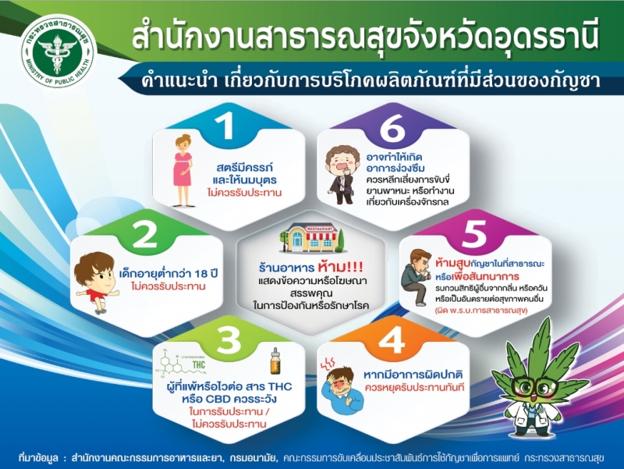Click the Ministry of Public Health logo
click(x=58, y=52)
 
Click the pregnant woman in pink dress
click(x=183, y=170)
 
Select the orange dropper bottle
click(x=275, y=361)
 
